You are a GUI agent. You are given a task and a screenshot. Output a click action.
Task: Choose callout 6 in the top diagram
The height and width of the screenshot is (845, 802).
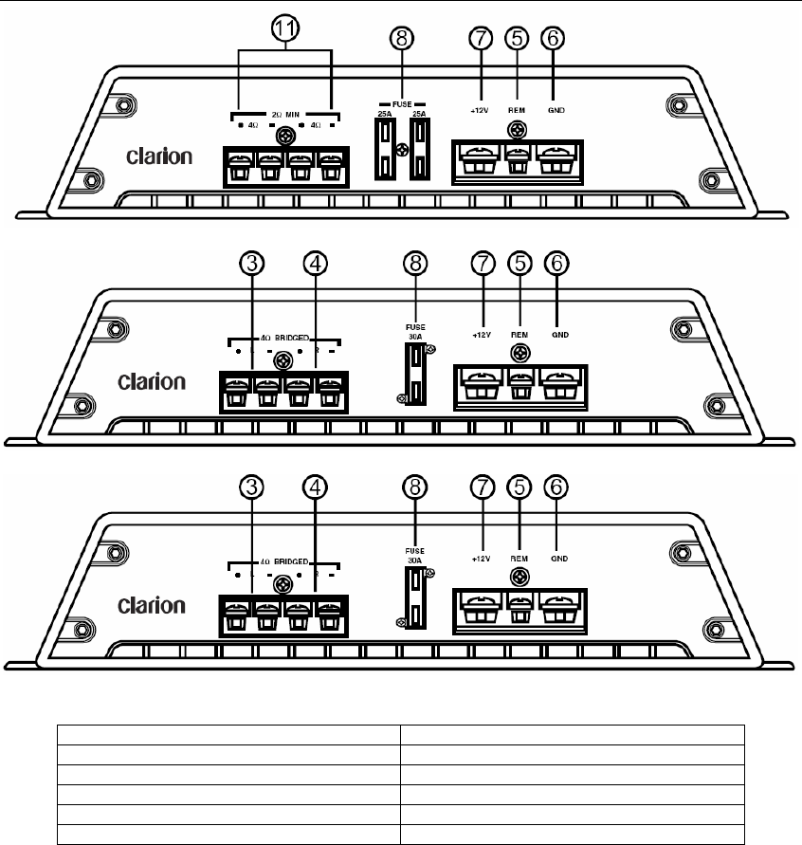click(x=553, y=40)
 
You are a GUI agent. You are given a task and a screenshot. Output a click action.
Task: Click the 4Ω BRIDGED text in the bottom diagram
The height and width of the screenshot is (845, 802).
click(x=284, y=561)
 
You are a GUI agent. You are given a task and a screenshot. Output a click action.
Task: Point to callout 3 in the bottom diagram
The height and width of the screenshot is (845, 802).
click(x=251, y=487)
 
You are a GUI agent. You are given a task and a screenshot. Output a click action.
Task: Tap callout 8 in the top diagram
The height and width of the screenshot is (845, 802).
click(x=403, y=40)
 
